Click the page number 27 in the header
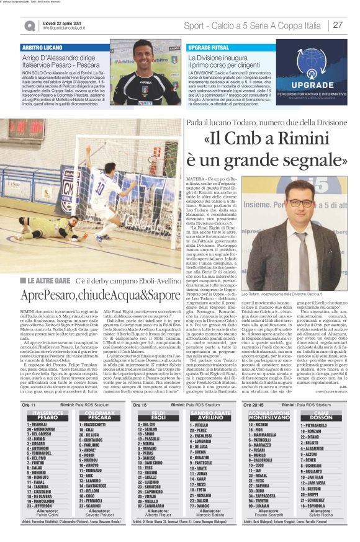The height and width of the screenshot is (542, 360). pyautogui.click(x=338, y=25)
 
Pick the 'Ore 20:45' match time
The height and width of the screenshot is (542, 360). pyautogui.click(x=254, y=404)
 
